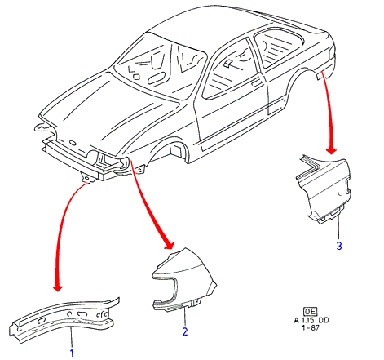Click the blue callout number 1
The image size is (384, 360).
tap(72, 353)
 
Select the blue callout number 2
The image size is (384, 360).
tap(185, 331)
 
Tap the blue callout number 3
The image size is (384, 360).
tap(339, 246)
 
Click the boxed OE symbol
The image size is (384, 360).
tap(311, 311)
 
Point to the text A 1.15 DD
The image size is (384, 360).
tap(311, 320)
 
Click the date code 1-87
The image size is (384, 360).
tap(311, 327)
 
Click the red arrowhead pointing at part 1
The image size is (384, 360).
tap(58, 288)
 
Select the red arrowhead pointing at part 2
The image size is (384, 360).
tap(170, 245)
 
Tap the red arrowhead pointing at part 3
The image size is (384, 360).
tap(331, 151)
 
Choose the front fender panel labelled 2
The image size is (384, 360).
tap(184, 279)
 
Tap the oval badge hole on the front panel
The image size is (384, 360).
tap(73, 143)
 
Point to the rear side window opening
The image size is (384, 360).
tap(279, 47)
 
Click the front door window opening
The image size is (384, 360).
tap(231, 71)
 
